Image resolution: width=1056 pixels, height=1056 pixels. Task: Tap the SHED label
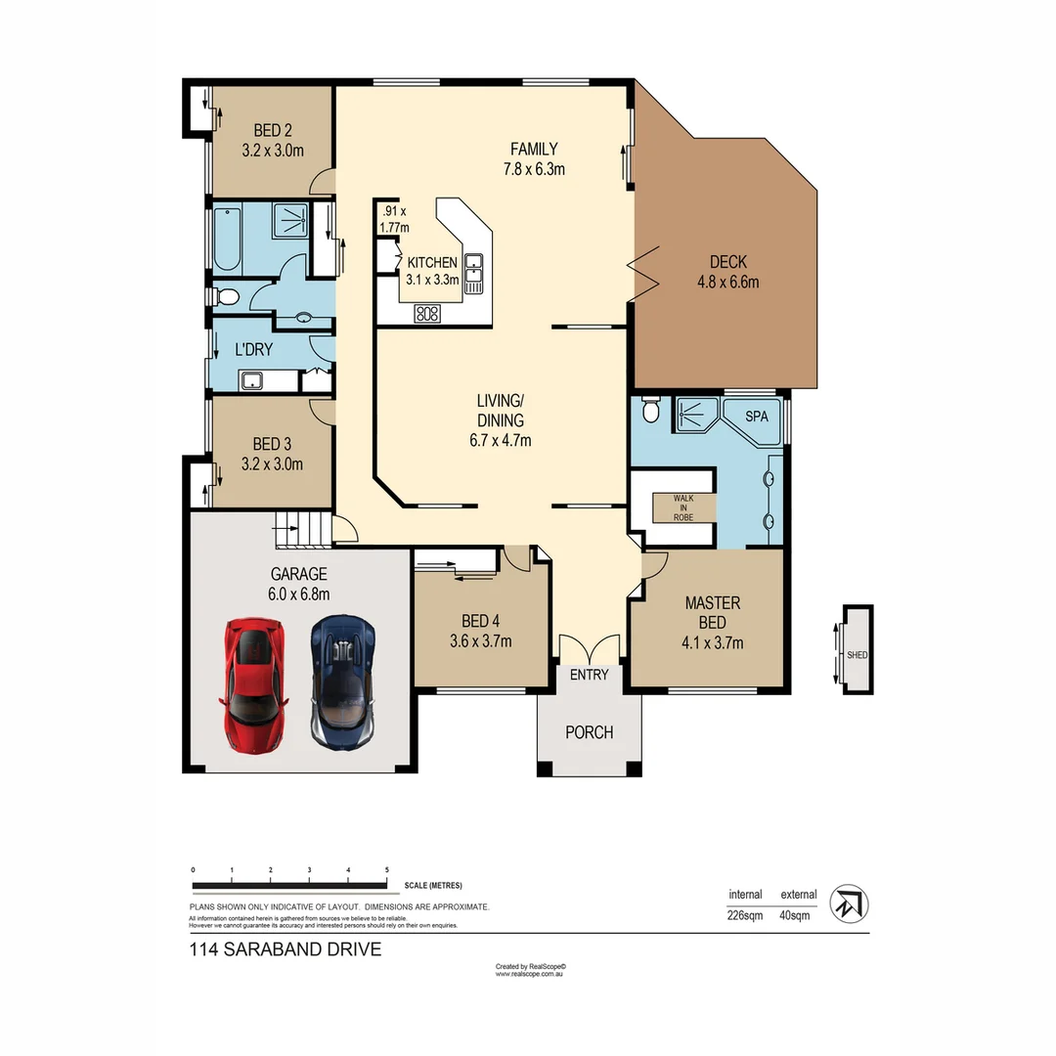[x=857, y=655]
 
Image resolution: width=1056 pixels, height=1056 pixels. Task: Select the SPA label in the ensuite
[x=757, y=416]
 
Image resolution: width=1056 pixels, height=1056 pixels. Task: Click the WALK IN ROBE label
[x=682, y=507]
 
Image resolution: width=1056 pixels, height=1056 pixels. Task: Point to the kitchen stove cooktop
[x=427, y=313]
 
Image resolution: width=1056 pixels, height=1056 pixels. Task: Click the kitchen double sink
[x=473, y=273]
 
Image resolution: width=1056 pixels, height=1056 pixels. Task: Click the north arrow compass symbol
[x=849, y=904]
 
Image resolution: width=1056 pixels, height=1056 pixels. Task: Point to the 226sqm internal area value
[x=746, y=915]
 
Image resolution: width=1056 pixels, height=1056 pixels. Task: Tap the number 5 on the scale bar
[x=387, y=869]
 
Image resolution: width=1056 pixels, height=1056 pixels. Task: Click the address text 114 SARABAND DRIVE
[x=285, y=949]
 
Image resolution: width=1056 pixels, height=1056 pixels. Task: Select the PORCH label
[x=590, y=732]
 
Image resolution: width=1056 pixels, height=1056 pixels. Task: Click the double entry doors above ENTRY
[x=589, y=647]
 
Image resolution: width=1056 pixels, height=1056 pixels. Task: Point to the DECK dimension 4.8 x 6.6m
[x=727, y=283]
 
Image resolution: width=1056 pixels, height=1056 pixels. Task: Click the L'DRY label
[x=253, y=349]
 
